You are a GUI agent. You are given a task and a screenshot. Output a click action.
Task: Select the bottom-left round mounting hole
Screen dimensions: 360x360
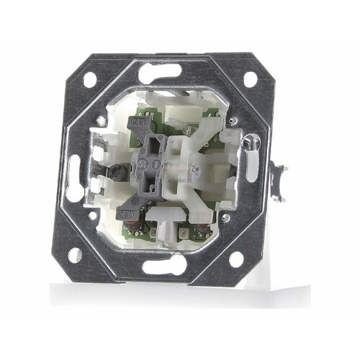[x=73, y=253]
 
